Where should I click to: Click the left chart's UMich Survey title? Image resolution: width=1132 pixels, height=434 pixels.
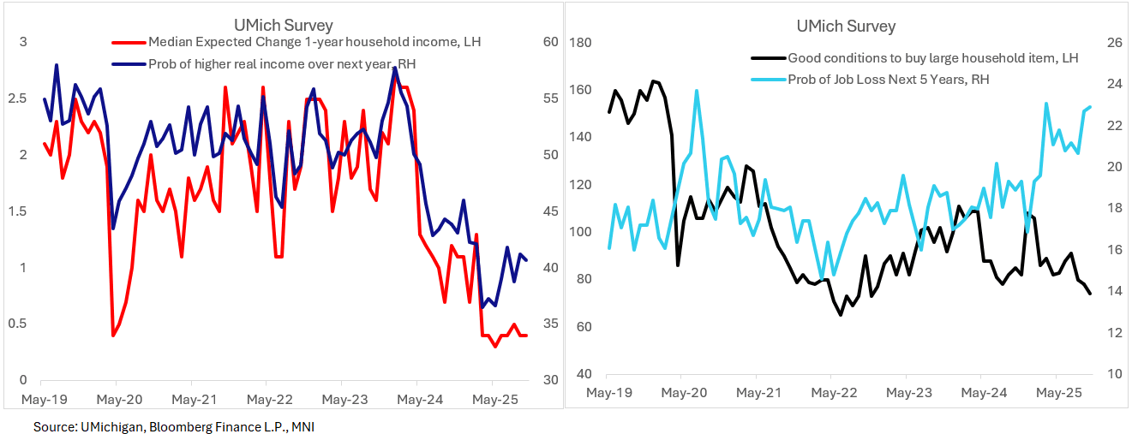coord(284,25)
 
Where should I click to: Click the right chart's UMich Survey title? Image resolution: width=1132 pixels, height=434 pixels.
coord(846,26)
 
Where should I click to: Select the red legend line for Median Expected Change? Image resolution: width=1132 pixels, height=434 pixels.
coord(129,42)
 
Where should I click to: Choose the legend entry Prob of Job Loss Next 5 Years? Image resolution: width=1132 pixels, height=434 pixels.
coord(899,79)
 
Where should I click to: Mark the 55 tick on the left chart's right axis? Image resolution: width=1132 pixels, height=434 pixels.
coord(550,98)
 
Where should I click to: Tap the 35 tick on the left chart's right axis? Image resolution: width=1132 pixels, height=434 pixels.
coord(550,324)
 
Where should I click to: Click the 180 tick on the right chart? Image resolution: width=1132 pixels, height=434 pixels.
coord(582,43)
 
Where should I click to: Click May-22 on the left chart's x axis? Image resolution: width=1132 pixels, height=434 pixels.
coord(269,399)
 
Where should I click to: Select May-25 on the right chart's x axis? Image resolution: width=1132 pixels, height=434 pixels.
coord(1057,393)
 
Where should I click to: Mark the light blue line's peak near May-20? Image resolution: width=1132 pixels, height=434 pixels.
coord(697,90)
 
